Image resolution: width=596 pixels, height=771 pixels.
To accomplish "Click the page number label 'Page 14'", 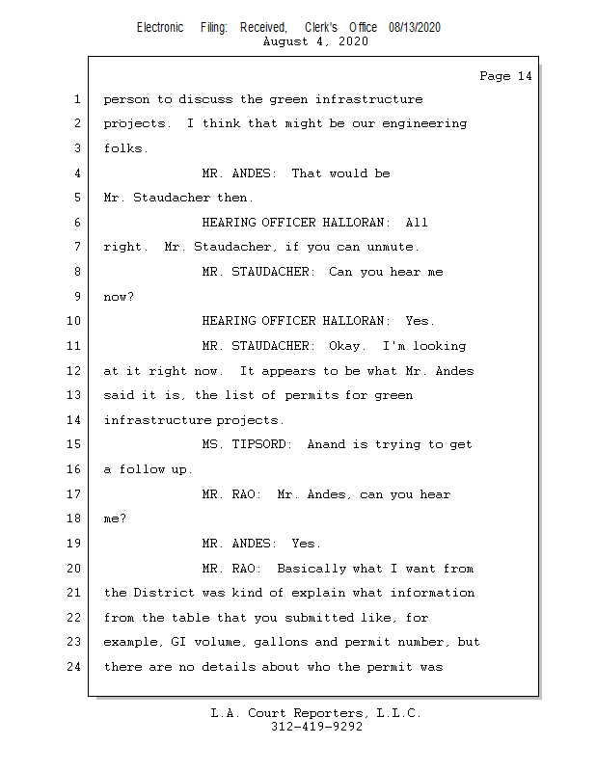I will pos(505,76).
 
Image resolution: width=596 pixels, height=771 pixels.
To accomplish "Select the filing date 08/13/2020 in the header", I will pos(415,28).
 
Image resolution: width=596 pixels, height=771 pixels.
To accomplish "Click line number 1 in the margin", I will pos(76,99).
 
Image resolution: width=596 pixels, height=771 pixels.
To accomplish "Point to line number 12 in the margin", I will pos(73,371).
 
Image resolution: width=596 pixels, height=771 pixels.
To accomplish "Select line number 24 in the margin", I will pos(73,667).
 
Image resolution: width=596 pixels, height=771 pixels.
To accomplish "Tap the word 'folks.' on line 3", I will pos(125,148).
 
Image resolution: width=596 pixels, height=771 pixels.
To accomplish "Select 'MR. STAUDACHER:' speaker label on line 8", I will pos(257,272).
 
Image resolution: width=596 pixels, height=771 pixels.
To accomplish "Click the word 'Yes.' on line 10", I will pos(420,321).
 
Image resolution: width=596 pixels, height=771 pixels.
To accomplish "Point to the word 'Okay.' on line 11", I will pos(349,346).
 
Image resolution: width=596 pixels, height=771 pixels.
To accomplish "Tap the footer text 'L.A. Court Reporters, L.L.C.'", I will pos(315,714).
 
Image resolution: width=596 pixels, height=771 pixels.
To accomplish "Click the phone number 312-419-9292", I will pos(315,727).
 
